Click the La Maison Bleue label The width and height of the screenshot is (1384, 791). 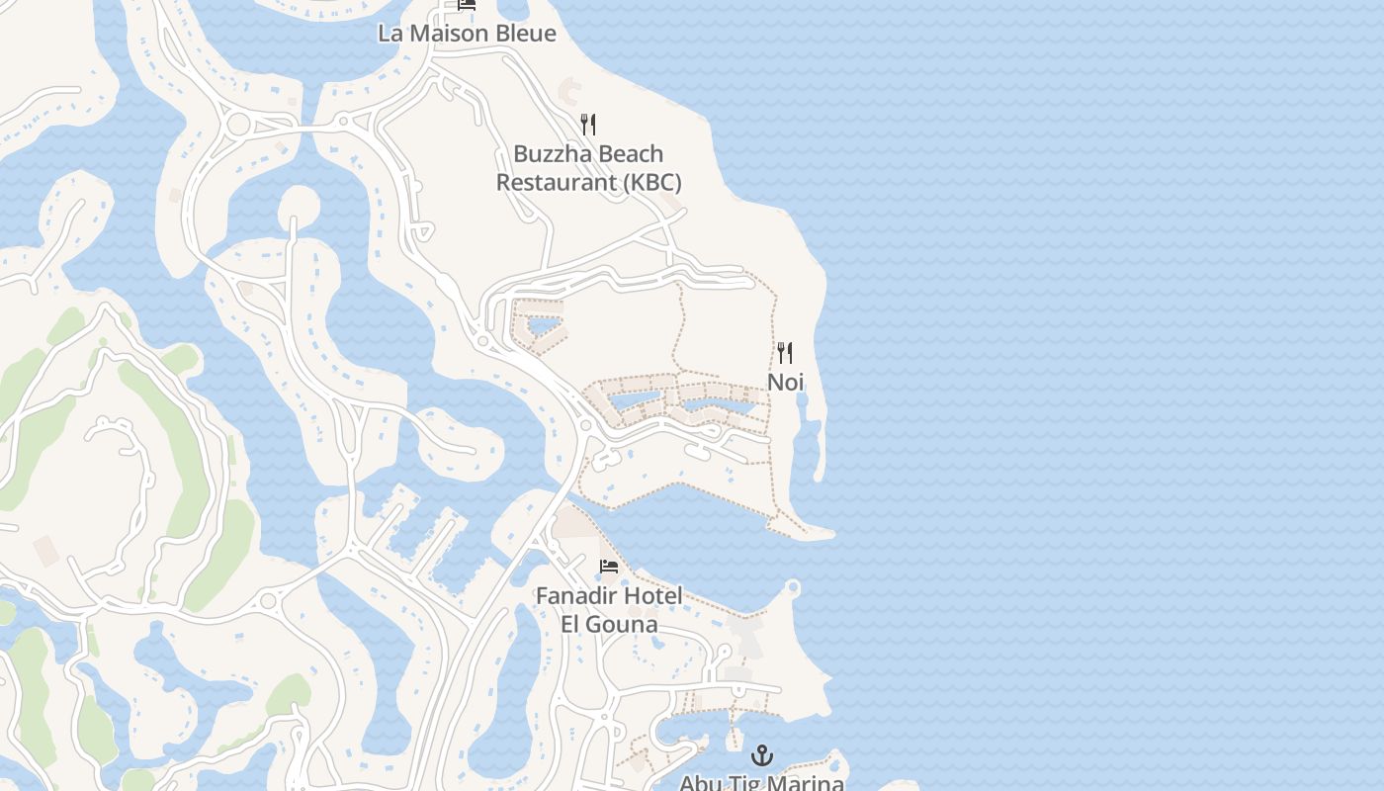coord(467,33)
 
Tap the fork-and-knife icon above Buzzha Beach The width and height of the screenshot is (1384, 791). coord(588,125)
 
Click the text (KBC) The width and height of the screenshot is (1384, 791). coord(651,183)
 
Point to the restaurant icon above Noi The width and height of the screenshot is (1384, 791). coord(785,353)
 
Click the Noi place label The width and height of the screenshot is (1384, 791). coord(785,382)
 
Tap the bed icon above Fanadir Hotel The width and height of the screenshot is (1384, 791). coord(609,567)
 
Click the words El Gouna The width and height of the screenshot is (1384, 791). coord(609,625)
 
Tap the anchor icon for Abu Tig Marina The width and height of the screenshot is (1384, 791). coord(761,756)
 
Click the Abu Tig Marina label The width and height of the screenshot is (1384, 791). coord(761,783)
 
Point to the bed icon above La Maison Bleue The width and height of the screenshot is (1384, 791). coord(467,5)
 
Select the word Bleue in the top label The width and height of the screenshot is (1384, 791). coord(525,33)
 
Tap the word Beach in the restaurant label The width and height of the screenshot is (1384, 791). coord(631,154)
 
